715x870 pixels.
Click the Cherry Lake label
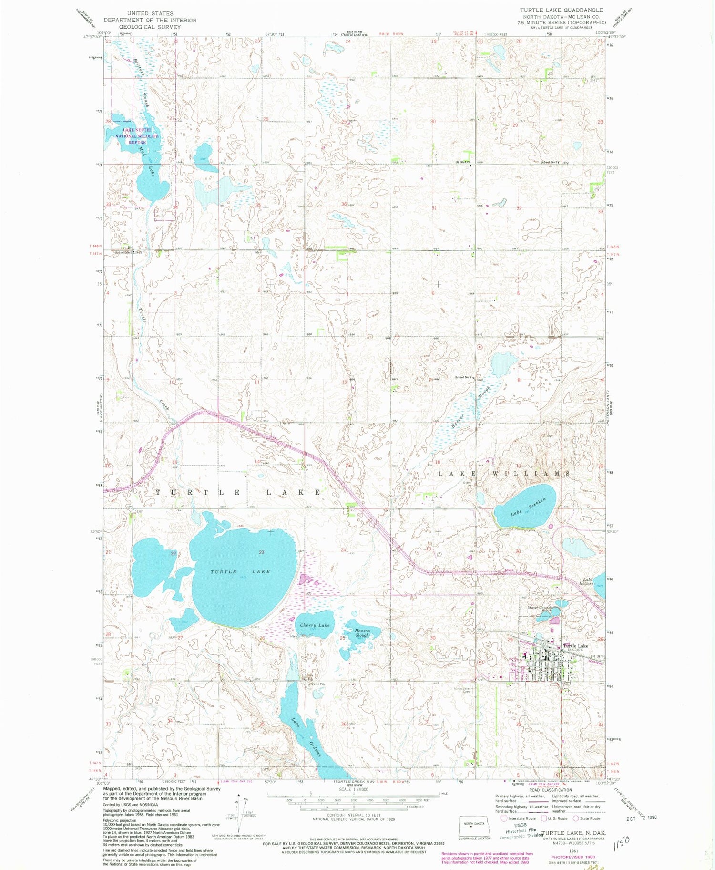pyautogui.click(x=315, y=625)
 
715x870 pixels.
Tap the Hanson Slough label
pyautogui.click(x=362, y=633)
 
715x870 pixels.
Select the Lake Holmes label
pyautogui.click(x=587, y=581)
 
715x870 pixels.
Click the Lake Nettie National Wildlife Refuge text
pyautogui.click(x=137, y=136)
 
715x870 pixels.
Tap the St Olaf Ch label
pyautogui.click(x=463, y=162)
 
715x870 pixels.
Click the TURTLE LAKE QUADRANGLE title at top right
pyautogui.click(x=561, y=10)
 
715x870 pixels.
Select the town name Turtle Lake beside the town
pyautogui.click(x=576, y=646)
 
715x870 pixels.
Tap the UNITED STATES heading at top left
pyautogui.click(x=150, y=13)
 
